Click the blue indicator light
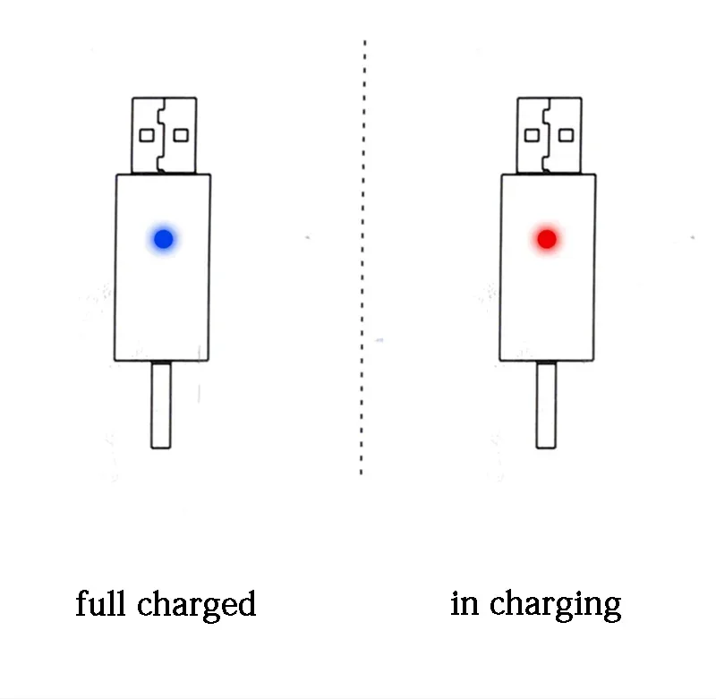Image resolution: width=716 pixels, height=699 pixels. click(164, 239)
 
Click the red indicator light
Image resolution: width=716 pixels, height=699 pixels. click(547, 239)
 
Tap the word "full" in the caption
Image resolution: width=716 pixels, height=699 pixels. click(100, 602)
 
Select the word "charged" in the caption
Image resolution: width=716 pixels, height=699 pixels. click(196, 606)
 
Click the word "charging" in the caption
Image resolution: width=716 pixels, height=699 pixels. click(555, 606)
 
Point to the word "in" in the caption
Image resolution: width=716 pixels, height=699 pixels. click(465, 603)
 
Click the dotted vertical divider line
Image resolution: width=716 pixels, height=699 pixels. click(362, 258)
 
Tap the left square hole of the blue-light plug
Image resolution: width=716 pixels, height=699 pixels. click(147, 136)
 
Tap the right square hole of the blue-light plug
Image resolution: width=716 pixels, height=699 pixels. click(181, 136)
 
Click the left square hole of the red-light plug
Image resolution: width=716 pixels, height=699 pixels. click(532, 136)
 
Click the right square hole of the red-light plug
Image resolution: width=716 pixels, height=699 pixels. click(567, 136)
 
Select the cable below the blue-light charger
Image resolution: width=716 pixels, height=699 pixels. click(161, 405)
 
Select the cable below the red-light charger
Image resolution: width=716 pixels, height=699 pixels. click(546, 405)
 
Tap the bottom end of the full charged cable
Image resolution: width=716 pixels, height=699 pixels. click(161, 448)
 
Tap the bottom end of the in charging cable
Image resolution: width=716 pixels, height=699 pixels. click(546, 448)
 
